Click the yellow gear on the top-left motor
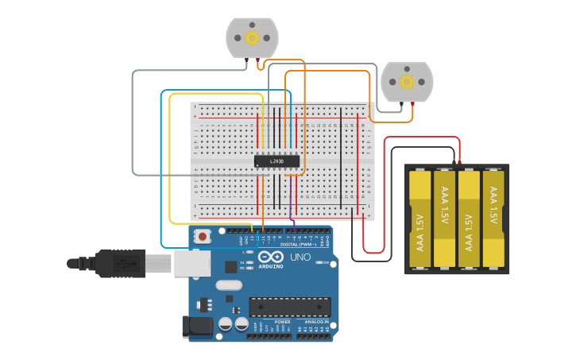pyautogui.click(x=253, y=37)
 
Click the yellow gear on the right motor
pyautogui.click(x=407, y=82)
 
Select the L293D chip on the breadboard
pyautogui.click(x=277, y=161)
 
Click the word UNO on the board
pyautogui.click(x=300, y=257)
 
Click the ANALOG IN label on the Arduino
pyautogui.click(x=315, y=322)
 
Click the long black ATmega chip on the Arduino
pyautogui.click(x=290, y=307)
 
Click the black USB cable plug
pyautogui.click(x=119, y=263)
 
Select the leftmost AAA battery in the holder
pyautogui.click(x=420, y=219)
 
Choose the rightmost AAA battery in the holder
pyautogui.click(x=494, y=219)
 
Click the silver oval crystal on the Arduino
pyautogui.click(x=228, y=285)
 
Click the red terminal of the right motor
pyautogui.click(x=412, y=105)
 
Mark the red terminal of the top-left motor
pyautogui.click(x=257, y=61)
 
